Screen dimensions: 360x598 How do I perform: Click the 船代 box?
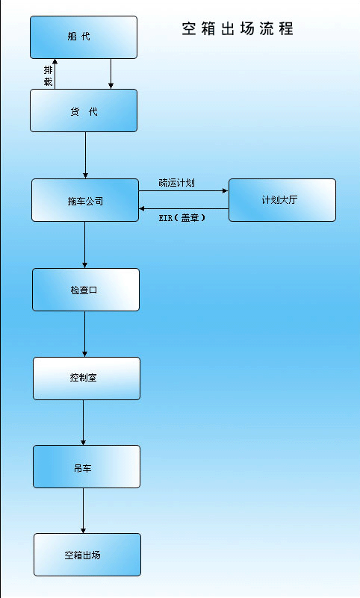point(84,37)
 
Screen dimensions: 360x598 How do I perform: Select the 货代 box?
point(84,110)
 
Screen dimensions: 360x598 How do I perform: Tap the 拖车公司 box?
point(85,200)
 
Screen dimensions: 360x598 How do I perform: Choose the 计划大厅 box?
point(282,200)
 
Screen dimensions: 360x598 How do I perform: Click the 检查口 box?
point(86,290)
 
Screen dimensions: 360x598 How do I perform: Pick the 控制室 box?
point(87,379)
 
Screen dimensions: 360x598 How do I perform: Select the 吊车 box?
point(87,467)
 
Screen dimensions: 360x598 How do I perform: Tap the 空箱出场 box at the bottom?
point(87,555)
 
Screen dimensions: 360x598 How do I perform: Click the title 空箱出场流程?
point(238,29)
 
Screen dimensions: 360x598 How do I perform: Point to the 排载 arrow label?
point(48,76)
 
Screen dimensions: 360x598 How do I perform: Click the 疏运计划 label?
point(176,183)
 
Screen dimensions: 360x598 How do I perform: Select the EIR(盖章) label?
point(182,218)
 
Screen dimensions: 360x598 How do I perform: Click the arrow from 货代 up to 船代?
point(55,74)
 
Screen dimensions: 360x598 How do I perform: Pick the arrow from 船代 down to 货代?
point(111,74)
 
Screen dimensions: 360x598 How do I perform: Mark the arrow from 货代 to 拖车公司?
point(85,155)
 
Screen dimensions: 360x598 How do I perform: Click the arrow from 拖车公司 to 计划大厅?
point(184,190)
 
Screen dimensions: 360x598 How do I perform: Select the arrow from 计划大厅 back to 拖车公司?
point(184,208)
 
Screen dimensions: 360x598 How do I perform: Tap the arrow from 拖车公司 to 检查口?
point(84,245)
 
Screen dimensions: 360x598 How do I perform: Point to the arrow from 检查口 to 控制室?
point(84,334)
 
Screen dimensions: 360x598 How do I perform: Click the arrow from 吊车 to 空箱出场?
point(83,511)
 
